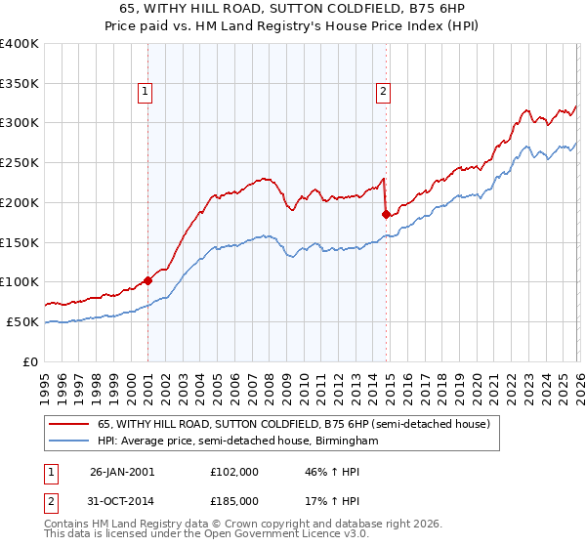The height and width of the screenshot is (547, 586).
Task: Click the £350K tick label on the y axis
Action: coord(20,83)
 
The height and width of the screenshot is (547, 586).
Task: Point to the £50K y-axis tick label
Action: coord(22,321)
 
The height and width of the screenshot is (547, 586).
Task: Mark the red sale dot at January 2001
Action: coord(148,280)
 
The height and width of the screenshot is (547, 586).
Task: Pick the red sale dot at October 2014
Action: coord(387,214)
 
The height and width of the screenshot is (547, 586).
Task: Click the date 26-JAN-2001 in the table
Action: coord(122,471)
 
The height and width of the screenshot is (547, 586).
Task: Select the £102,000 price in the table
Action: coord(234,471)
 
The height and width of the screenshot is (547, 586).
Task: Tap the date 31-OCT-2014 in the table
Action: coord(122,500)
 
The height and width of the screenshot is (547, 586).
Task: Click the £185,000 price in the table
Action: coord(234,500)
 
